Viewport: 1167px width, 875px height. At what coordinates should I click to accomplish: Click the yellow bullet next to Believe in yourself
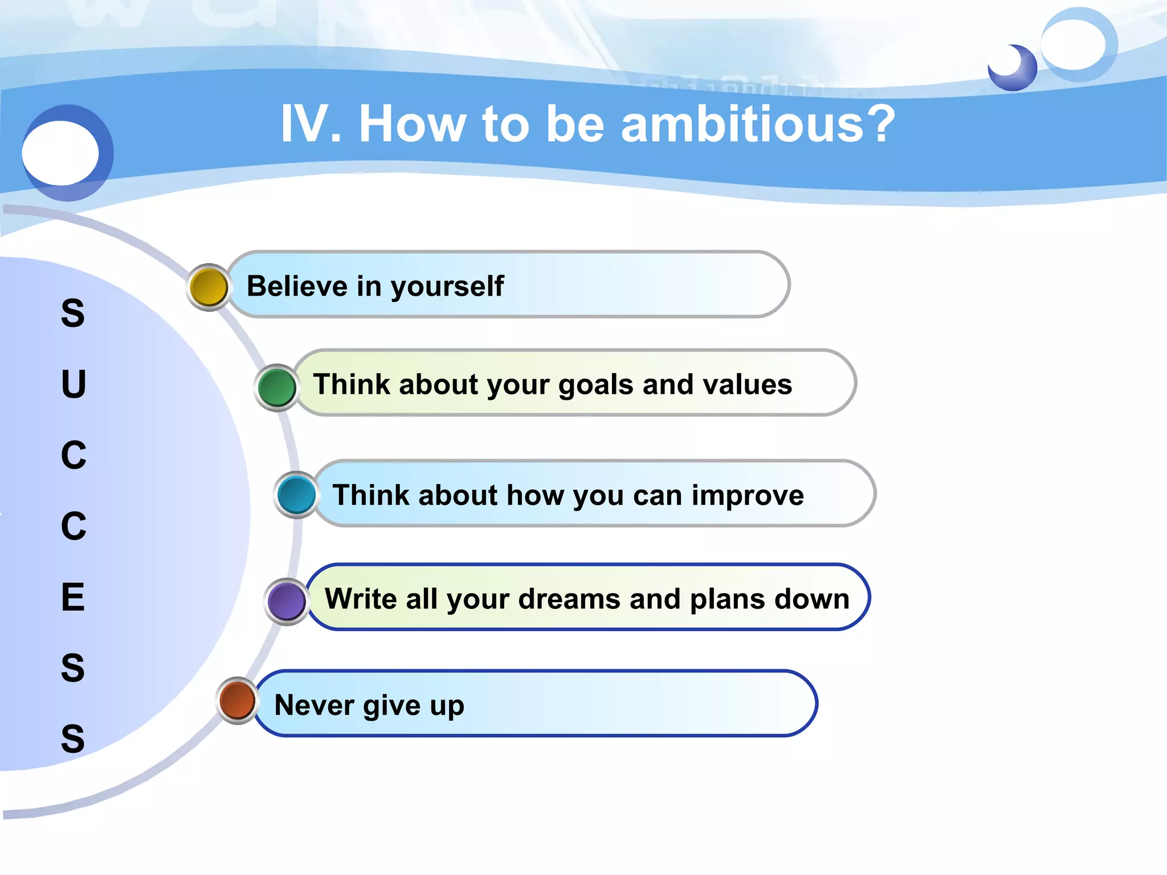[209, 287]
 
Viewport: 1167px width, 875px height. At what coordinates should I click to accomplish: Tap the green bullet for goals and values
[277, 387]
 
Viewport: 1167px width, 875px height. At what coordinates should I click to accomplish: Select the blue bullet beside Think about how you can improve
[296, 495]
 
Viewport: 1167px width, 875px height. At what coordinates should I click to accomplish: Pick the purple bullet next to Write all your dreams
[287, 601]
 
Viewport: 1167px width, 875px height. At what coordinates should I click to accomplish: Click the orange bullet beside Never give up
[238, 700]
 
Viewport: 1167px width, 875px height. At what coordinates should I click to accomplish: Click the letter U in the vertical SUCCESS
[74, 384]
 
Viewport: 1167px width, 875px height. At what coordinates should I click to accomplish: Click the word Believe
[296, 286]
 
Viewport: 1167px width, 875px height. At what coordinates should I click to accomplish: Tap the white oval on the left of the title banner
[60, 153]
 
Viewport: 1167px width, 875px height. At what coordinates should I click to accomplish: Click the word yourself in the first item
[447, 287]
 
